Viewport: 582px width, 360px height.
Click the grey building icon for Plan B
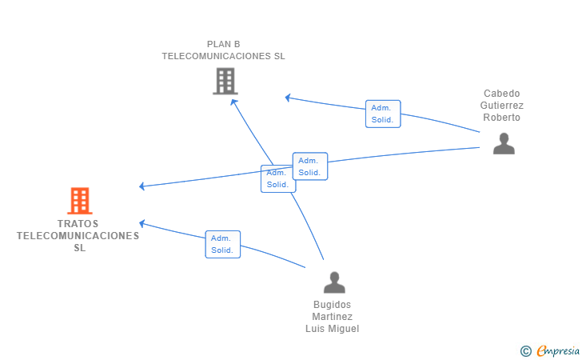coord(225,81)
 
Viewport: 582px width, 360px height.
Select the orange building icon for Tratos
coord(79,201)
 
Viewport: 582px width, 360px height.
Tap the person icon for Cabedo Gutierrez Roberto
coord(504,144)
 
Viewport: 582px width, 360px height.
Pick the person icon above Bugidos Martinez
coord(334,282)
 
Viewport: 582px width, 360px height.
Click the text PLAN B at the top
coord(223,44)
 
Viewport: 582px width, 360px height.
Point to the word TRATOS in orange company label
coord(78,224)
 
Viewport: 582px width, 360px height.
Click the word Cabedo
coord(501,94)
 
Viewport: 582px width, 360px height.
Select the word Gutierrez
coord(501,106)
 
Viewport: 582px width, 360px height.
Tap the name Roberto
coord(501,118)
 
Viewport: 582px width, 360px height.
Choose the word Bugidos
coord(333,305)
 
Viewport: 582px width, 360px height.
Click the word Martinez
coord(333,317)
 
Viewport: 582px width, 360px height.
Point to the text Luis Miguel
coord(333,329)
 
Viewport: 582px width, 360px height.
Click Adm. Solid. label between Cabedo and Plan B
coord(383,114)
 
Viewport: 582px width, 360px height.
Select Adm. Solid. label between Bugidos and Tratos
coord(222,244)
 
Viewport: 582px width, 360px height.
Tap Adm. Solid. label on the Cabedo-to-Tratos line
coord(309,166)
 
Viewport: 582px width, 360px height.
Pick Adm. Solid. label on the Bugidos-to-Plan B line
coord(277,178)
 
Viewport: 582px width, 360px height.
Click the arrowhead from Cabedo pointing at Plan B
coord(288,98)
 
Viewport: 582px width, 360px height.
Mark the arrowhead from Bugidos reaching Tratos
coord(142,223)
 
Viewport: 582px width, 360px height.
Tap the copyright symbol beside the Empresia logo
coord(525,350)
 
